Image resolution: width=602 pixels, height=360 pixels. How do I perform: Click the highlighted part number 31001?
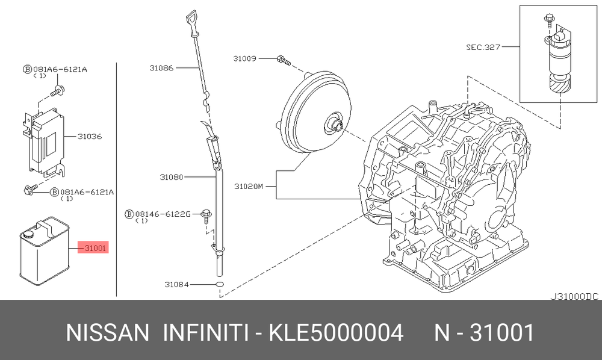click(95, 248)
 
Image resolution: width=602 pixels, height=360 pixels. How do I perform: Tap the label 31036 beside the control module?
click(90, 136)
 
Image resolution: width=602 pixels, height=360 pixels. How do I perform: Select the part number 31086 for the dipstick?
click(161, 68)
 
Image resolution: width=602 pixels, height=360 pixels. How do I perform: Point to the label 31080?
click(172, 178)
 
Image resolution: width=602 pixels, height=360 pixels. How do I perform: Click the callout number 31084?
click(176, 284)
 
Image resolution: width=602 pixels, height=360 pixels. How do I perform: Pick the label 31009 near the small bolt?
click(244, 59)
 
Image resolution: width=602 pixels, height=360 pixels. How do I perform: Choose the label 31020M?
click(249, 187)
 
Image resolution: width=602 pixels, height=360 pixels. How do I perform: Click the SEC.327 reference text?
click(483, 47)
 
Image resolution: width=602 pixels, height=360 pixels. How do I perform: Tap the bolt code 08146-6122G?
click(163, 214)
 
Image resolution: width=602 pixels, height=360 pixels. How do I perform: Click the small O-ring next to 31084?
click(219, 284)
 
